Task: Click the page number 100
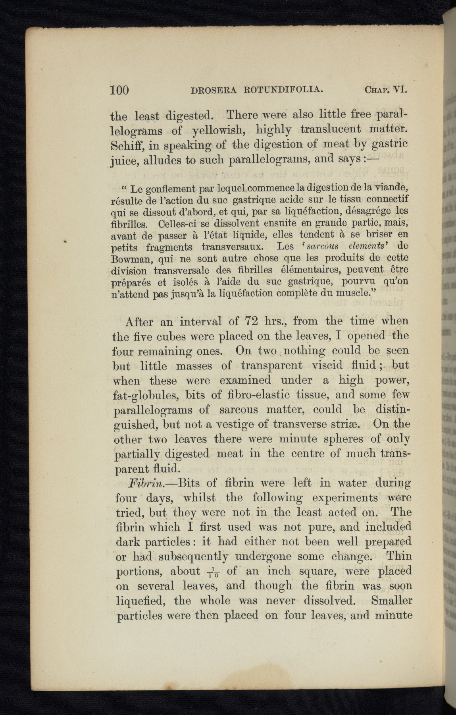tap(119, 90)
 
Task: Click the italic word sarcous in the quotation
tap(321, 246)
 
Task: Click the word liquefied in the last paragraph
tap(140, 601)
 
